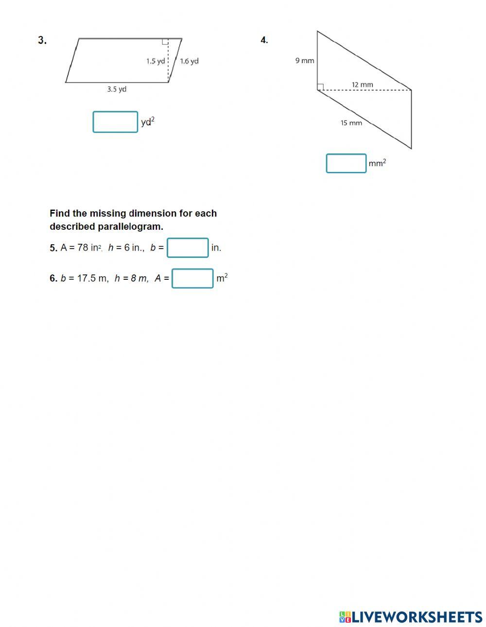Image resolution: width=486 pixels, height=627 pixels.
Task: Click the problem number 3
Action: click(x=42, y=40)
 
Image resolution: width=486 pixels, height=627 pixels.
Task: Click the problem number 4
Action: click(x=264, y=40)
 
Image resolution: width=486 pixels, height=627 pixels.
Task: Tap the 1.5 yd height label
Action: click(x=156, y=61)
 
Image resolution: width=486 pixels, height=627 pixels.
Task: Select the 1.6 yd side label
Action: click(x=189, y=61)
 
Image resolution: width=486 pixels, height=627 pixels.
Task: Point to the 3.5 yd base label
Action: click(x=117, y=89)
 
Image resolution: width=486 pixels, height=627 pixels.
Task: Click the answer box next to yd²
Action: click(x=115, y=122)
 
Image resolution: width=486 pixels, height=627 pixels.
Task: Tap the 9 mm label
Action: click(x=305, y=61)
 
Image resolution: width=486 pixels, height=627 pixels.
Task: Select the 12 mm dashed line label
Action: click(x=363, y=85)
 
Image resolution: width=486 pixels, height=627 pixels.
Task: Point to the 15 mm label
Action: click(x=351, y=123)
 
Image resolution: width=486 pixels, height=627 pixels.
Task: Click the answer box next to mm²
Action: click(x=346, y=163)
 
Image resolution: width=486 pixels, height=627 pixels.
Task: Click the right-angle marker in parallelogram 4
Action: click(x=320, y=87)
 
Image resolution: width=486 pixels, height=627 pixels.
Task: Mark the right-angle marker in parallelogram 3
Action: click(x=165, y=41)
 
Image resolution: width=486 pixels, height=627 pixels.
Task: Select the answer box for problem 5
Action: click(x=188, y=248)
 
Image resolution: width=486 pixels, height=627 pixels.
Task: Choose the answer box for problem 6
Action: click(x=192, y=278)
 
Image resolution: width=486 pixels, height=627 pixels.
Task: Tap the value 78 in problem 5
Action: click(x=83, y=248)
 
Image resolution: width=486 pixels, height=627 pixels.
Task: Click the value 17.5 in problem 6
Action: click(x=87, y=278)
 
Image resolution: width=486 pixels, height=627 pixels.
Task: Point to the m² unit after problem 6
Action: click(x=222, y=278)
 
